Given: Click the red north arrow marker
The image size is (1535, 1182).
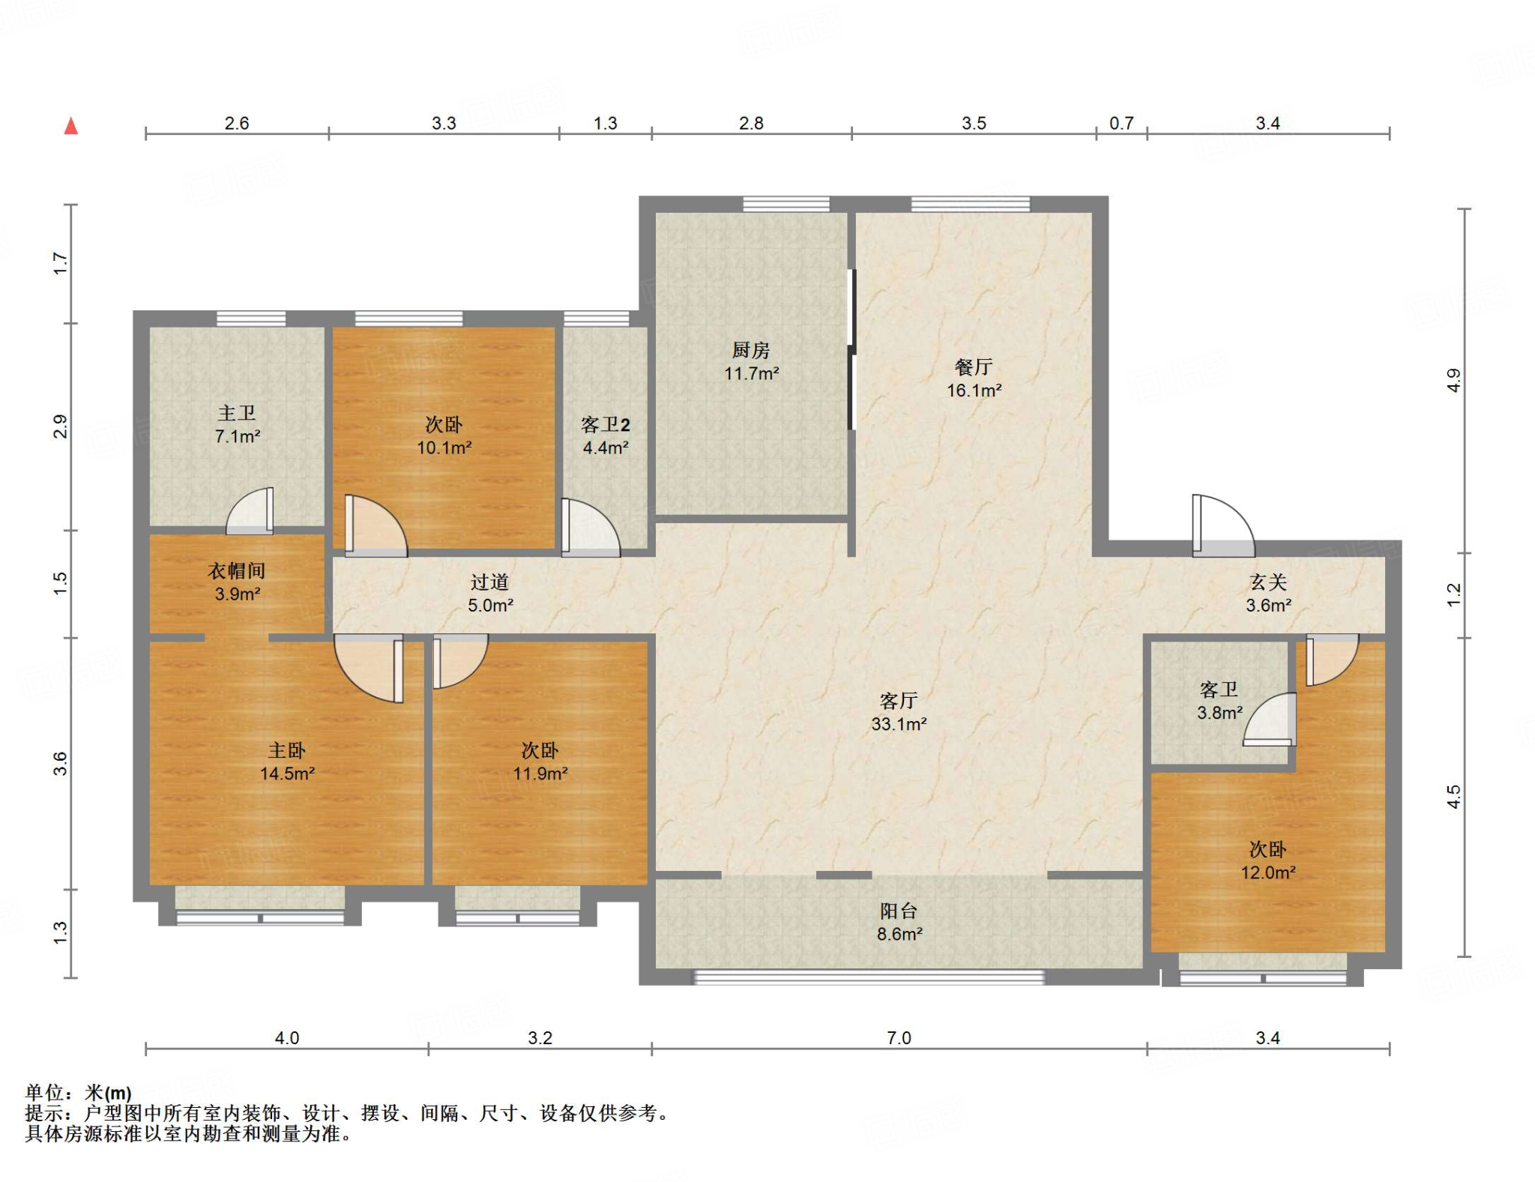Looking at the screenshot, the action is click(71, 126).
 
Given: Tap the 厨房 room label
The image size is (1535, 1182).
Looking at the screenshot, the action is click(751, 350).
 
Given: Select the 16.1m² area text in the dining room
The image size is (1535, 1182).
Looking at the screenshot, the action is click(974, 391).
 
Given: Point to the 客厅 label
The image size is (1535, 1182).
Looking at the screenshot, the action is click(899, 701).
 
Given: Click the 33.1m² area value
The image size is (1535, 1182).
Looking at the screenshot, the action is click(899, 724).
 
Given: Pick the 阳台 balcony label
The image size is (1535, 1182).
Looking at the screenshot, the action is click(899, 911).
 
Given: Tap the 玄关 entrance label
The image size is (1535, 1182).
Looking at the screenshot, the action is click(1268, 582).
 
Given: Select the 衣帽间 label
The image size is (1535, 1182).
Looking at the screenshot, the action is click(237, 571).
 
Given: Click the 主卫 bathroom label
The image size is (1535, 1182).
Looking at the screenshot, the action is click(237, 413).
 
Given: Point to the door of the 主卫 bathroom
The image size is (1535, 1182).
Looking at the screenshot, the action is click(250, 511).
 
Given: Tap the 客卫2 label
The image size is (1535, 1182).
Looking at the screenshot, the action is click(606, 425).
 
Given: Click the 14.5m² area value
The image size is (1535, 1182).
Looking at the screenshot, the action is click(287, 774).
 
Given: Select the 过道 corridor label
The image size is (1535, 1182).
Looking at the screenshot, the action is click(490, 582).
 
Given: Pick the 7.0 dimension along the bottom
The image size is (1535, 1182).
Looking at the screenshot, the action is click(899, 1038).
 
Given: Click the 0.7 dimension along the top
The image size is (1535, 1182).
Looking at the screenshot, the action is click(1121, 123).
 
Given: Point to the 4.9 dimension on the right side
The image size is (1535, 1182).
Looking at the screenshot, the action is click(1454, 381).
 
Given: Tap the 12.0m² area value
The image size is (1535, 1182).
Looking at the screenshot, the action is click(1268, 872).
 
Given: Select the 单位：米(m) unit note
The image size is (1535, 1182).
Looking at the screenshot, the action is click(79, 1093).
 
